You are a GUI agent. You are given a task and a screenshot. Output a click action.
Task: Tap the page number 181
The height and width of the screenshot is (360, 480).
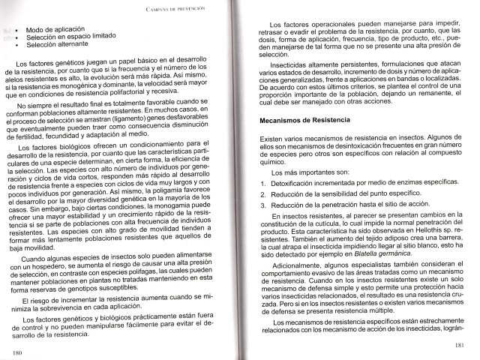click(x=458, y=345)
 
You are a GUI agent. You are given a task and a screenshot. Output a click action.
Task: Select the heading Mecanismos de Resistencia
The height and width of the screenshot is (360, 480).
click(x=304, y=121)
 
